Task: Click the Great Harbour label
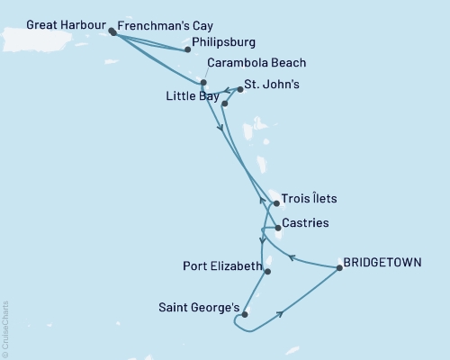click(x=56, y=25)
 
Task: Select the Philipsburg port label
click(x=224, y=42)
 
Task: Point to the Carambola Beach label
click(x=256, y=63)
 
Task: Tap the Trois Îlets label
click(x=309, y=199)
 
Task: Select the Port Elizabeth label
click(x=219, y=266)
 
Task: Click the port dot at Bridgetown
click(x=339, y=267)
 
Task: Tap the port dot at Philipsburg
click(x=187, y=50)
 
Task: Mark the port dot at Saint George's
click(x=244, y=314)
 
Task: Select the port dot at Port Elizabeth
click(x=268, y=271)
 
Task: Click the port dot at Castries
click(x=278, y=228)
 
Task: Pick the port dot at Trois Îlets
click(x=274, y=204)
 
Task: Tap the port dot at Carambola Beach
click(x=203, y=83)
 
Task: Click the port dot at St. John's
click(x=240, y=90)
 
